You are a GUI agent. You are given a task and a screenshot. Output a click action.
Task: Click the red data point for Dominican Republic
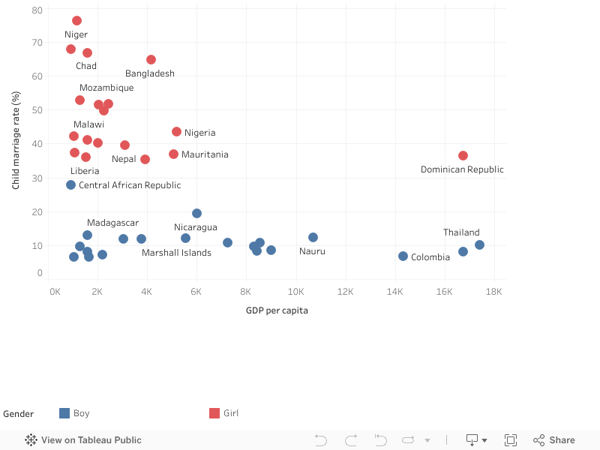click(x=463, y=155)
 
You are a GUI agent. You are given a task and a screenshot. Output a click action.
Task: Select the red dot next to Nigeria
click(x=176, y=132)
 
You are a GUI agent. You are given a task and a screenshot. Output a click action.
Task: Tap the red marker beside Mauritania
click(x=173, y=154)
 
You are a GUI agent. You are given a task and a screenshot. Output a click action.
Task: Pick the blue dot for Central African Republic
click(x=70, y=184)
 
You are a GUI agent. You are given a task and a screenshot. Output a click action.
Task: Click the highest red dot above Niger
click(x=76, y=20)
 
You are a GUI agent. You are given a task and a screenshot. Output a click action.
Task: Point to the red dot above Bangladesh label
click(x=151, y=59)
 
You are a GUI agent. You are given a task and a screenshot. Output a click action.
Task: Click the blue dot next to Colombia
click(x=403, y=256)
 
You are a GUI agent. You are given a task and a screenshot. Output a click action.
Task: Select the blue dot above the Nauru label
click(x=313, y=237)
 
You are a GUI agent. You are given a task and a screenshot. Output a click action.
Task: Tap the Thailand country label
click(x=461, y=232)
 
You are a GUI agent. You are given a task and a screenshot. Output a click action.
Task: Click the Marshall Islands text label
click(x=176, y=253)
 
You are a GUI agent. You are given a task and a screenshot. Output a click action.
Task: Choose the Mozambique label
click(x=106, y=88)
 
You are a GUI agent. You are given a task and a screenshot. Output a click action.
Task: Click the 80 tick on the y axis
click(x=37, y=10)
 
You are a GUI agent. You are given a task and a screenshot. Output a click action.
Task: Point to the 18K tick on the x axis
click(x=493, y=291)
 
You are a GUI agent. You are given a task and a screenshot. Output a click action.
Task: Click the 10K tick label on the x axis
click(x=297, y=291)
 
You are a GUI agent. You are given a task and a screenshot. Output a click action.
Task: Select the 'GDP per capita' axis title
click(x=276, y=310)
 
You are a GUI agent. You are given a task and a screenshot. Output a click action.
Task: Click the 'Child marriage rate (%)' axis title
click(x=16, y=140)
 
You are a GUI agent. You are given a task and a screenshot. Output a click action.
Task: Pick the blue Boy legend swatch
click(x=64, y=413)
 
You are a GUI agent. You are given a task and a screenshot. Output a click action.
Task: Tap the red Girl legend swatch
click(x=214, y=413)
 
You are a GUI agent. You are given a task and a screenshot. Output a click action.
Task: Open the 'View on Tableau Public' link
click(x=83, y=440)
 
